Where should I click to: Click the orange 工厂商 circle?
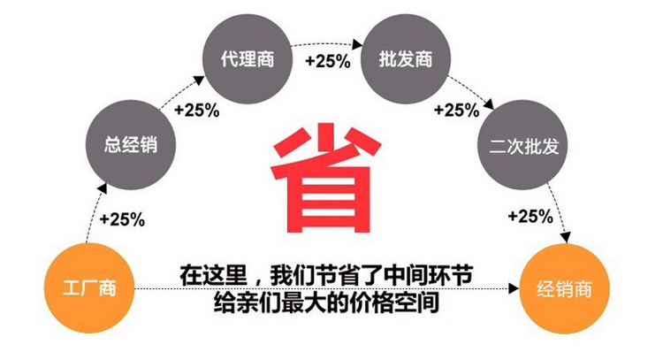click(89, 288)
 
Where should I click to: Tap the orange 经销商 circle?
click(564, 288)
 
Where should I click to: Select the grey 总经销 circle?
click(131, 145)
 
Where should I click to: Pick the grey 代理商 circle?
click(248, 58)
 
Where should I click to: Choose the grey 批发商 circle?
click(406, 58)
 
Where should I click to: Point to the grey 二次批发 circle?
click(523, 145)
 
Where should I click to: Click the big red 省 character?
click(325, 178)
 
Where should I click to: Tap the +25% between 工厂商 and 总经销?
click(122, 219)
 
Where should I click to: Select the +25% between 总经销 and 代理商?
click(196, 111)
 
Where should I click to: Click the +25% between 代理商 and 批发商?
click(328, 61)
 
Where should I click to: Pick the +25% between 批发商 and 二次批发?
click(457, 111)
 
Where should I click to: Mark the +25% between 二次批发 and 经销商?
click(530, 217)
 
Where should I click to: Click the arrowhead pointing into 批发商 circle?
click(357, 44)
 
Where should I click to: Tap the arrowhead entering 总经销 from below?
click(103, 188)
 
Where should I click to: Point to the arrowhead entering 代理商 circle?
click(199, 80)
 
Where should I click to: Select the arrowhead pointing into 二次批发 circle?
click(489, 104)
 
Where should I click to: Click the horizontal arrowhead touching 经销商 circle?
click(514, 288)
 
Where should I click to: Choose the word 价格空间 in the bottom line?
click(395, 302)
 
